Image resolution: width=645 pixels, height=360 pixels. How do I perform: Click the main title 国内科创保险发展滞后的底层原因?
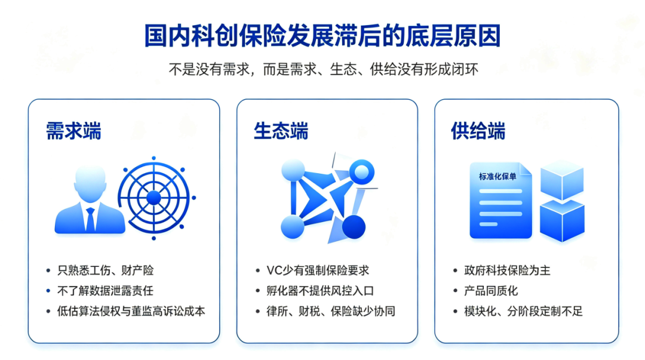point(322,36)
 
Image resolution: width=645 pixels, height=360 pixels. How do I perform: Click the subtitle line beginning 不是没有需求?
point(323,69)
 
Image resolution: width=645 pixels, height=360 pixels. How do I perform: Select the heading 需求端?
point(73,131)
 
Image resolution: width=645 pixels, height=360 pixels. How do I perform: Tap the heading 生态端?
point(281,131)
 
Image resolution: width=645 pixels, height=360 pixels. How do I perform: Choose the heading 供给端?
point(478,131)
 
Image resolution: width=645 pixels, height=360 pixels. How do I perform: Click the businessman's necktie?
point(90,219)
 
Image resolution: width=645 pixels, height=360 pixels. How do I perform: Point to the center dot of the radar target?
point(154,198)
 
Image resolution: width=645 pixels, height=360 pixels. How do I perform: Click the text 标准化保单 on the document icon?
point(497,177)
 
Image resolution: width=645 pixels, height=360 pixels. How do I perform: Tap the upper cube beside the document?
point(562,179)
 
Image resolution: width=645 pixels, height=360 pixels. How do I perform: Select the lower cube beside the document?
point(562,220)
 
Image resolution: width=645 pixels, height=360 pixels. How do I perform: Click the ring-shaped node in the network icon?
point(361,172)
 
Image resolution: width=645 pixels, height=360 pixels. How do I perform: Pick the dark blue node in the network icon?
point(354,227)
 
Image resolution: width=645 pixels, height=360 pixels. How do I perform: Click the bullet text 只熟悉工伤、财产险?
point(105,270)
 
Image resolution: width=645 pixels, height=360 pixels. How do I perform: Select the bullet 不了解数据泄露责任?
point(105,291)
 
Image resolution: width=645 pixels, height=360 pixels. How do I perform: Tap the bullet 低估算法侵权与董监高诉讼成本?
point(131,312)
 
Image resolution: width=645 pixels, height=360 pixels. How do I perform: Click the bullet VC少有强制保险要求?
point(318,270)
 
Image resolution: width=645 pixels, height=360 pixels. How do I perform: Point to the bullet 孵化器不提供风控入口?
point(320,291)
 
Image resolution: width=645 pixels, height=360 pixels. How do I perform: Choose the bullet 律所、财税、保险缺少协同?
point(331,312)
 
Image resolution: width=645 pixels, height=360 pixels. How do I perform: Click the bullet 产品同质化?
point(491,291)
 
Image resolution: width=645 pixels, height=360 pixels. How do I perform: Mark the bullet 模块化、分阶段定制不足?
point(523,312)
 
